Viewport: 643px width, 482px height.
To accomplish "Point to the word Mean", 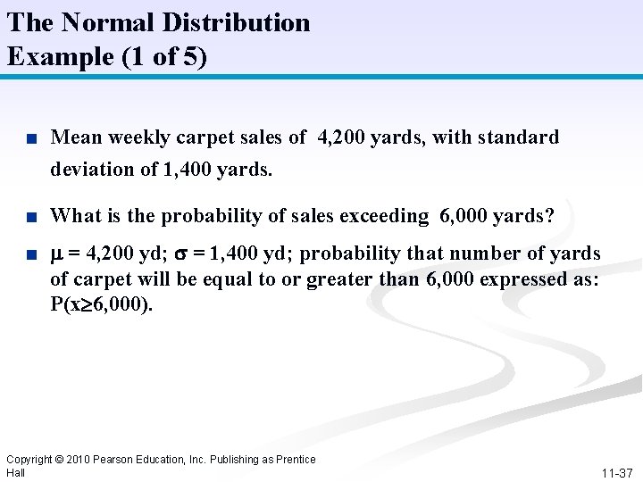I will coord(76,137).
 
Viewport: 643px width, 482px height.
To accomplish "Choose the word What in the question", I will coord(75,215).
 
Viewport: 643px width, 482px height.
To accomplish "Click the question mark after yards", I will coord(549,215).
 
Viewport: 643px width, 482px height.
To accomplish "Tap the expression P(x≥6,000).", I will coord(102,305).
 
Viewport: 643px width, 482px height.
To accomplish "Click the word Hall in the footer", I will coord(16,472).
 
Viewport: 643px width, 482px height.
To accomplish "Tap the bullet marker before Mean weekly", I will coord(31,138).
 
